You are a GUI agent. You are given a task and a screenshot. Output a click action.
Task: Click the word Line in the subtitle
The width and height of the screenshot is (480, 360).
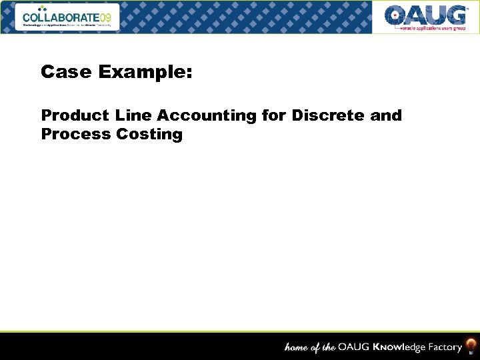pos(133,115)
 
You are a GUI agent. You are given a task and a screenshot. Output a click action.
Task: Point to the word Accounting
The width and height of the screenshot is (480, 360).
pos(207,116)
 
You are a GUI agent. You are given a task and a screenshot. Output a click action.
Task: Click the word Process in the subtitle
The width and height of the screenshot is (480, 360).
pos(75,134)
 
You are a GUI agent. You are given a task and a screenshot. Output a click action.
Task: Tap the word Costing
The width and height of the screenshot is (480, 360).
pos(149,135)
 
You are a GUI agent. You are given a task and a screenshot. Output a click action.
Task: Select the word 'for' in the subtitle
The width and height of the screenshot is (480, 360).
pos(274,115)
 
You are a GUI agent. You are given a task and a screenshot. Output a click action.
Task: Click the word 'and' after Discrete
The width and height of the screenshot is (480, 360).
pos(386,115)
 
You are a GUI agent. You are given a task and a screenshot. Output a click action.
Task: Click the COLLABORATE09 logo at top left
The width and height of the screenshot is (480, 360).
pos(70,17)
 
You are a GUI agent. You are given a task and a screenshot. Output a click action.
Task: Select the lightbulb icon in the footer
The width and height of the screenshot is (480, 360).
pos(471,346)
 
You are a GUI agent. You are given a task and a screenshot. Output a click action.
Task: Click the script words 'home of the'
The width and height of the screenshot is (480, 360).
pos(309,347)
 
